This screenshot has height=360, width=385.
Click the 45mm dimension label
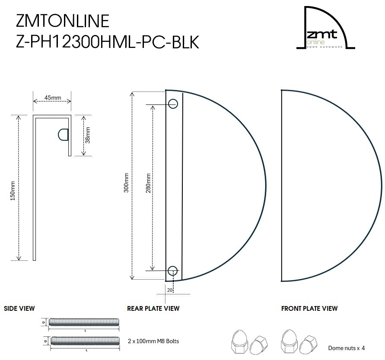(52, 98)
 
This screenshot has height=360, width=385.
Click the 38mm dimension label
(87, 135)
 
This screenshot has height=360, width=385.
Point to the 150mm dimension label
(13, 190)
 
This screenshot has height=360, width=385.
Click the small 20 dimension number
(170, 291)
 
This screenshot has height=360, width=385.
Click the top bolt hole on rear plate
(173, 104)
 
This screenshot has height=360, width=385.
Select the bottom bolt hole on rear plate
(173, 271)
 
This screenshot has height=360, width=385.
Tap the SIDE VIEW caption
(19, 309)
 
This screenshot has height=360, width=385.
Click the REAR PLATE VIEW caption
(153, 309)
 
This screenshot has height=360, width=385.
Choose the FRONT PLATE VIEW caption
(309, 309)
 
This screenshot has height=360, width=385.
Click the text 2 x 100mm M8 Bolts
(153, 341)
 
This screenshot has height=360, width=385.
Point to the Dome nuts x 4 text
(346, 348)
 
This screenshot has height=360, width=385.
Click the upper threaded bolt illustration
(85, 322)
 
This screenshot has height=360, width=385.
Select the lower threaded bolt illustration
(85, 341)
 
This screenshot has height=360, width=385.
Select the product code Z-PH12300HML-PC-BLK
(107, 42)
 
